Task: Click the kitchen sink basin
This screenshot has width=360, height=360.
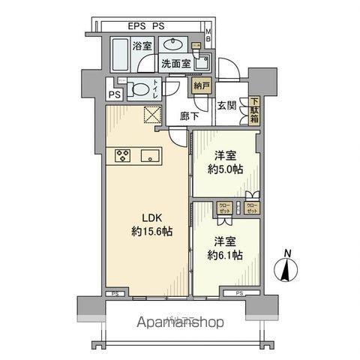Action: coord(149,157)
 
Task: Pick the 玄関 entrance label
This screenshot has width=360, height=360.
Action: coord(227,106)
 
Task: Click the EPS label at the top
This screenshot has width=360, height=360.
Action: coord(136,25)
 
